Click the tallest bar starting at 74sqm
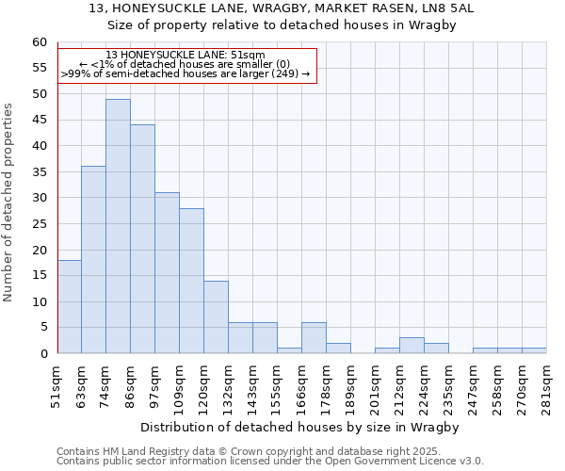[x=118, y=226]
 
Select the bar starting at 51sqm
[x=69, y=307]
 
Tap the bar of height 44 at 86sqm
[x=142, y=239]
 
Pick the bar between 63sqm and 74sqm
[x=93, y=260]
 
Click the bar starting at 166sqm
[x=314, y=338]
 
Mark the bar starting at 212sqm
[x=412, y=346]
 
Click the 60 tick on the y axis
[x=39, y=42]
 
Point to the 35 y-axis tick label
[x=39, y=172]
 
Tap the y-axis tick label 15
[x=39, y=276]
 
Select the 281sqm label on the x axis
[x=547, y=387]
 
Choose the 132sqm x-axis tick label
[x=229, y=387]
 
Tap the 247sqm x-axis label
[x=474, y=387]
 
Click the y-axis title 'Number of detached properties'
[x=9, y=203]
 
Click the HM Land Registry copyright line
[x=268, y=451]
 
